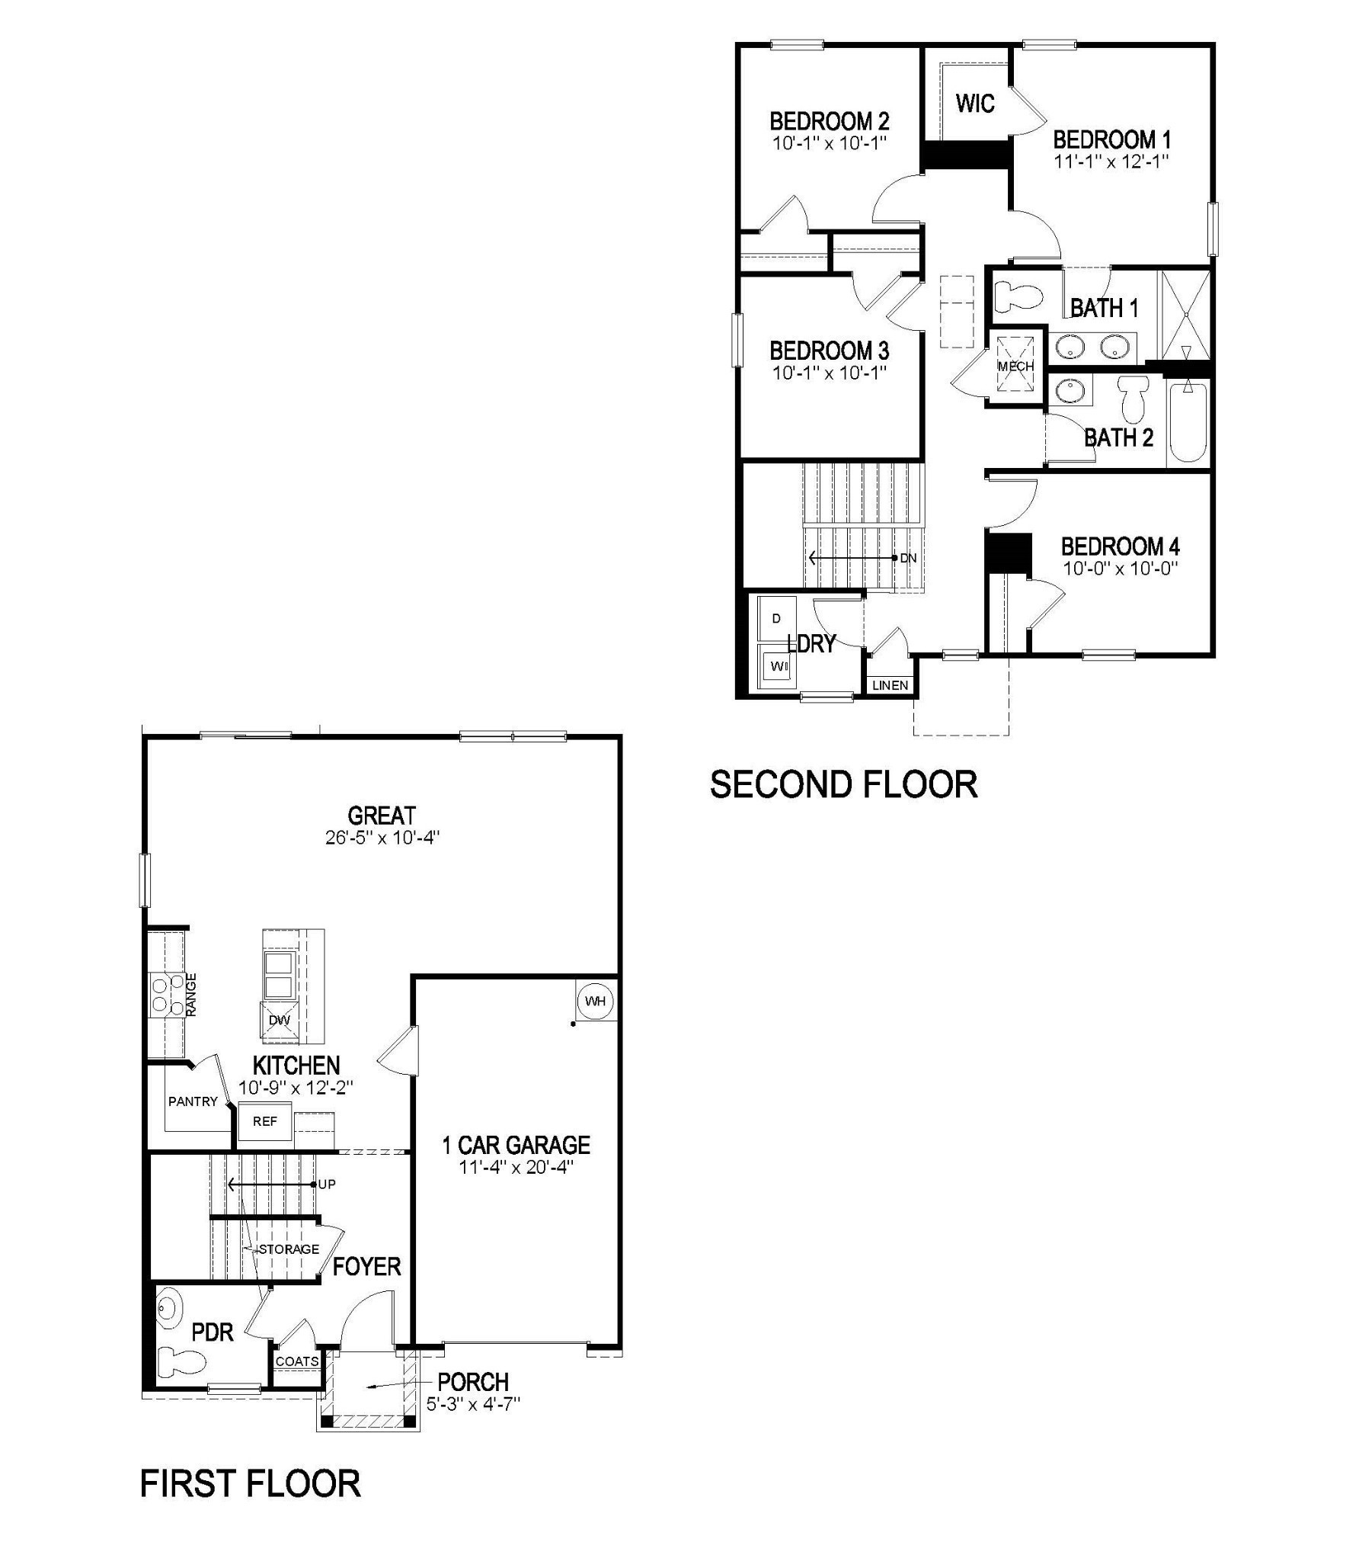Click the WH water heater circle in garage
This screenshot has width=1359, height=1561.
click(x=595, y=1001)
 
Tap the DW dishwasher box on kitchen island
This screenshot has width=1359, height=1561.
click(x=280, y=1020)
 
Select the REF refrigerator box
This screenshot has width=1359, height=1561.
click(x=265, y=1121)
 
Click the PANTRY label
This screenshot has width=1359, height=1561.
click(x=193, y=1101)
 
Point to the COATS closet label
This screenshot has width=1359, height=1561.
click(x=297, y=1361)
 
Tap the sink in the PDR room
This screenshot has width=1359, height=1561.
click(x=170, y=1309)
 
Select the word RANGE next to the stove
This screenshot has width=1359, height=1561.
click(x=192, y=994)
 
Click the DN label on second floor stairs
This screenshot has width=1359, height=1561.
click(x=908, y=558)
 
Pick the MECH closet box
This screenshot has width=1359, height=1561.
click(x=1015, y=366)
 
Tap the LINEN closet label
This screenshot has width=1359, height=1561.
click(x=890, y=685)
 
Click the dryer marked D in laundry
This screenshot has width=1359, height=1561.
click(x=777, y=618)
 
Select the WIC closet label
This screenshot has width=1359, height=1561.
click(x=975, y=103)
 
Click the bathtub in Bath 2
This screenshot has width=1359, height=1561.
click(x=1188, y=422)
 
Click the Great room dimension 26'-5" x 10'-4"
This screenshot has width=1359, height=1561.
click(x=382, y=837)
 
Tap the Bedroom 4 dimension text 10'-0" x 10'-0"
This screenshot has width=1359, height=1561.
click(x=1121, y=568)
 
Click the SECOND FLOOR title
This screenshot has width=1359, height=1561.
click(x=843, y=784)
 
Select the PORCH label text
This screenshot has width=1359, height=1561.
click(x=473, y=1381)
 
